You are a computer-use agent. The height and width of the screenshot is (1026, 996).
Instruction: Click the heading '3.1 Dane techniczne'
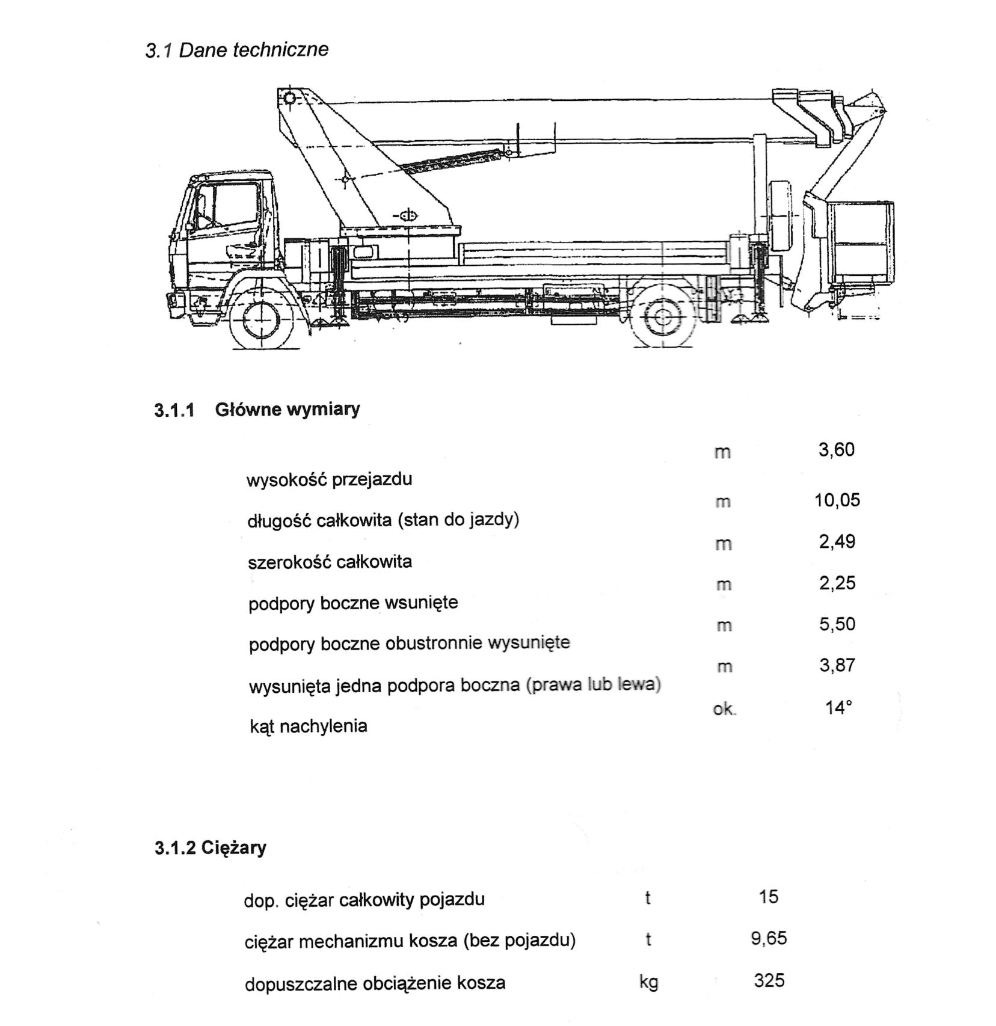click(x=236, y=49)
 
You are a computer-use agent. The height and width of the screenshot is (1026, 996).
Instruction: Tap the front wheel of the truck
click(x=263, y=321)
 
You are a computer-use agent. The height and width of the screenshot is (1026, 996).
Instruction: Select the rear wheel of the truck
click(x=662, y=317)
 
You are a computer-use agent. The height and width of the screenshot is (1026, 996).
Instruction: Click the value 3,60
click(x=836, y=450)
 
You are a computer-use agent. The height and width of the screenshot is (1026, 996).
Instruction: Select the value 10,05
click(x=837, y=500)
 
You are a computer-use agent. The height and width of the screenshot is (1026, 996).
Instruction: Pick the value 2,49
click(x=837, y=542)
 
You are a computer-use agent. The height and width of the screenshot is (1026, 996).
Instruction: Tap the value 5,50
click(x=837, y=624)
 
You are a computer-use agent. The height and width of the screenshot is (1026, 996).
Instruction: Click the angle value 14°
click(x=838, y=708)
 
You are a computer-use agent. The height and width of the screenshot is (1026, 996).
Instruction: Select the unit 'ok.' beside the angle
click(x=724, y=710)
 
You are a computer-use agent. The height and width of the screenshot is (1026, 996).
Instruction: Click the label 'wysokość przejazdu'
click(x=329, y=480)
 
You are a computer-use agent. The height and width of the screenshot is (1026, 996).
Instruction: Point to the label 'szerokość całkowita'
click(x=330, y=562)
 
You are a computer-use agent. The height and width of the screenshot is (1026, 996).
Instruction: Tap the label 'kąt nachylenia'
click(x=309, y=726)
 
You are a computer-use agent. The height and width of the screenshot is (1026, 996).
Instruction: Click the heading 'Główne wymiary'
click(x=287, y=410)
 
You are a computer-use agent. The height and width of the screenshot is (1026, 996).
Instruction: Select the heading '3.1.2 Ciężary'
click(x=210, y=848)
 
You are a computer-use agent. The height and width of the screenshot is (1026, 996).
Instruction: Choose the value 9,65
click(x=769, y=939)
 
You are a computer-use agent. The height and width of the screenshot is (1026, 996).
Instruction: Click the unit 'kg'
click(x=648, y=982)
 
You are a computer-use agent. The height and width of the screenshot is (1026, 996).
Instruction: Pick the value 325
click(x=769, y=981)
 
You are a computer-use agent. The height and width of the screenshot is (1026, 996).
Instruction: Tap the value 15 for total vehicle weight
click(x=769, y=897)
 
